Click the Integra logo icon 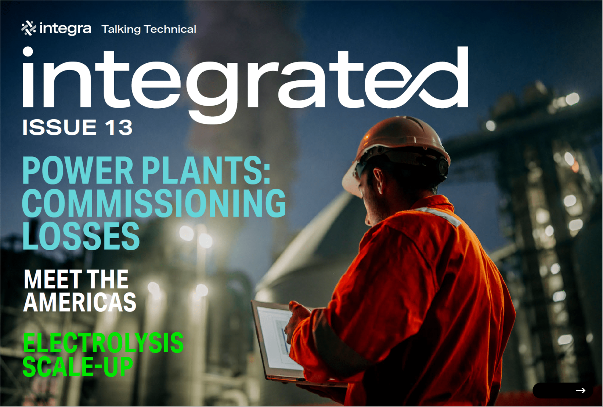click(29, 28)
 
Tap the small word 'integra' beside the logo click(65, 29)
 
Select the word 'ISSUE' click(59, 127)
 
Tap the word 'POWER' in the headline click(78, 170)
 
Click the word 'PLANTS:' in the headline click(206, 170)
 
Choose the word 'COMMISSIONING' click(154, 203)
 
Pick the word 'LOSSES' click(81, 236)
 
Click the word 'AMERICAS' click(80, 302)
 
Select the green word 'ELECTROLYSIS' click(103, 342)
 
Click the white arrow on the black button click(580, 390)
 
